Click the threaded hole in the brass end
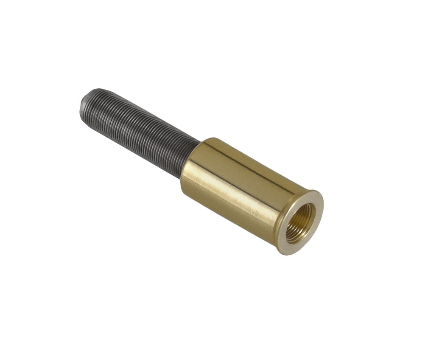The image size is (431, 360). click(300, 222)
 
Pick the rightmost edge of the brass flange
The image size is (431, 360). click(323, 208)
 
